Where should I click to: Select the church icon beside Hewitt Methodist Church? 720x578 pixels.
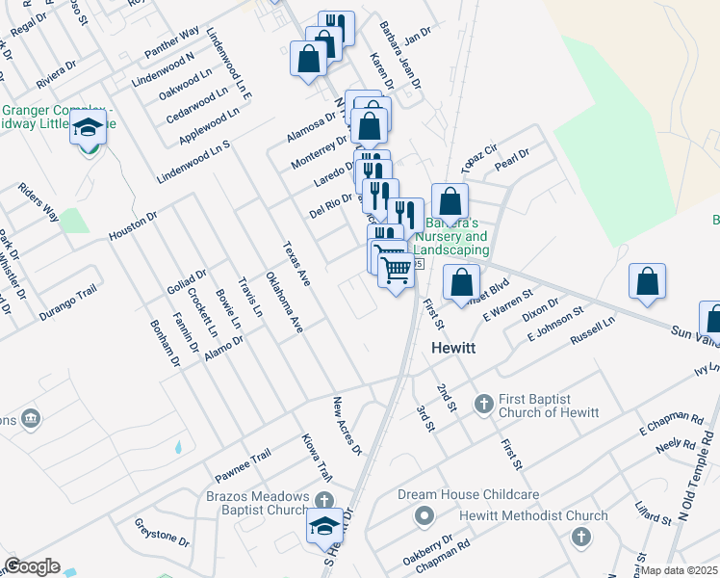579,536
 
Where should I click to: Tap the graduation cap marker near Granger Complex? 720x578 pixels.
88,128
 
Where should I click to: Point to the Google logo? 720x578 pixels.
32,566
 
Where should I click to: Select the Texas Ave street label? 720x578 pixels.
295,264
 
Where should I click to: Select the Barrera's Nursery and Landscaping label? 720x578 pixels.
456,236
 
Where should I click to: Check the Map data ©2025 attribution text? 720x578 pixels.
678,570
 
